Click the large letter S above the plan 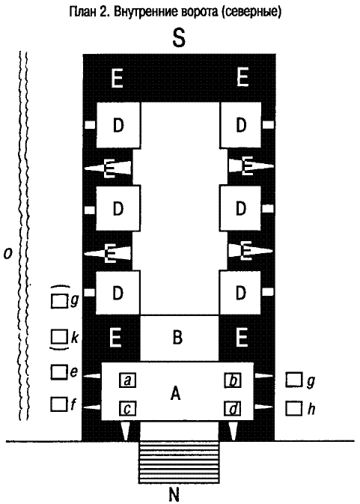179,37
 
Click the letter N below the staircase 174,494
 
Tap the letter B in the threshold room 177,337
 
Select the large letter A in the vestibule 175,393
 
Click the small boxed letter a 127,380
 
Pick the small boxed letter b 233,380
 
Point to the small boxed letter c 127,409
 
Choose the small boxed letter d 233,409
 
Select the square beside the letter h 294,408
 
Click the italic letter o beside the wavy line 7,253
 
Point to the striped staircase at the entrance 179,462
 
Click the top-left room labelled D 118,125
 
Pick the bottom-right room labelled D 240,293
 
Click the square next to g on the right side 294,380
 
